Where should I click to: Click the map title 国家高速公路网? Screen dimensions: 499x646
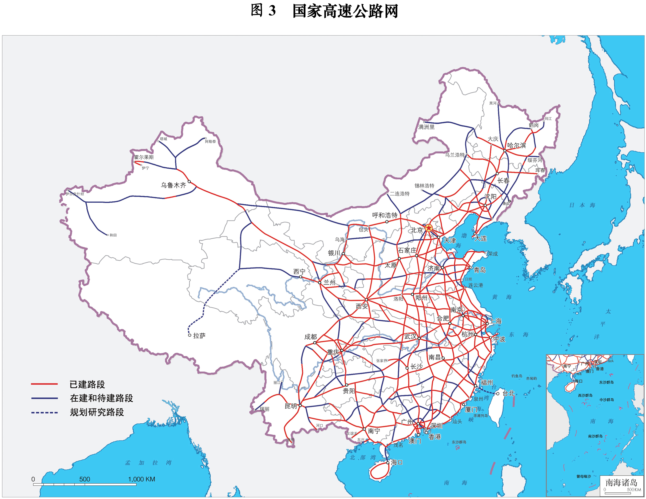click(345, 11)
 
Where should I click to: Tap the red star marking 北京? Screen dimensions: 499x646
click(429, 228)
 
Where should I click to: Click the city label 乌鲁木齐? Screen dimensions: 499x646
click(173, 185)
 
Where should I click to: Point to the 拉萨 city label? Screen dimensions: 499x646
click(199, 336)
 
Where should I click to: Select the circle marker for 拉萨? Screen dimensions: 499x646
click(190, 335)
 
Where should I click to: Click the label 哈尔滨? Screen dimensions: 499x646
click(517, 146)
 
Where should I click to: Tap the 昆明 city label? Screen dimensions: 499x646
click(290, 406)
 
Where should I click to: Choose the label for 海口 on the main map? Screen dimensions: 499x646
click(396, 462)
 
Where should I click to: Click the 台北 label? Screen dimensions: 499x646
click(508, 394)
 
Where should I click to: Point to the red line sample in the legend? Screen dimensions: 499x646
click(44, 384)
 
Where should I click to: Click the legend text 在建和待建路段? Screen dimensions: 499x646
click(102, 398)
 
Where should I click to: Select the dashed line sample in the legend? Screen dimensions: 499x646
click(44, 413)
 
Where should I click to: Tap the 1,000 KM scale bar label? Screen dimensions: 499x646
click(141, 479)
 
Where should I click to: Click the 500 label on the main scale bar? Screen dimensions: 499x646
click(85, 479)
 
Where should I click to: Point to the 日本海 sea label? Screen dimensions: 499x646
click(582, 205)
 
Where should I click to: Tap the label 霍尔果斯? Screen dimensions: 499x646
click(144, 157)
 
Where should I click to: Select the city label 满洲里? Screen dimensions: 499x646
click(427, 127)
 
